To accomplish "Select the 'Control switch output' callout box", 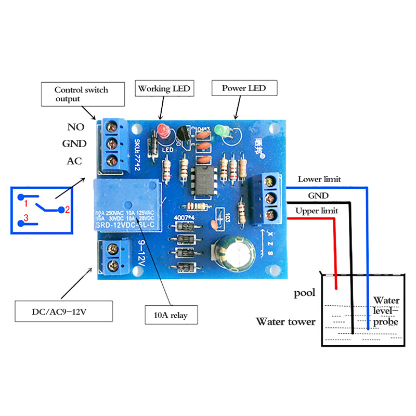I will [x=82, y=94].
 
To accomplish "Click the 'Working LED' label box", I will [x=164, y=88].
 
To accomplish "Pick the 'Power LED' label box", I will [x=244, y=88].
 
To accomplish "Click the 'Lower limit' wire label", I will [x=319, y=179].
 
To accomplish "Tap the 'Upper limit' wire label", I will [x=317, y=211].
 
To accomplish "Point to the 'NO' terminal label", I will [x=76, y=127].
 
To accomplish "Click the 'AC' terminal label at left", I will [x=74, y=161].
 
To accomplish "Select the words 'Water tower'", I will [x=285, y=322].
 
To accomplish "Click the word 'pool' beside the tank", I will [x=305, y=293].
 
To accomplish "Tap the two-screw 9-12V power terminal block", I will [x=113, y=258].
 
